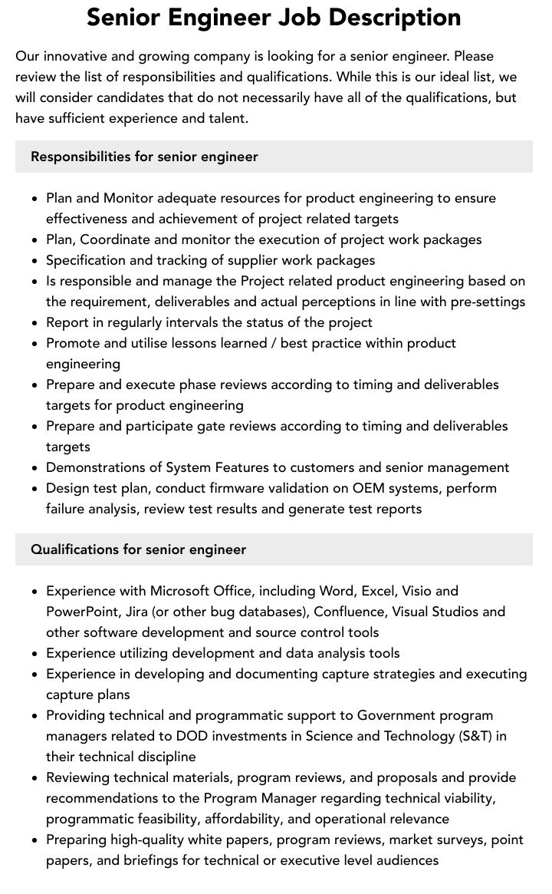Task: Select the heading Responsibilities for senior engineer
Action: point(144,157)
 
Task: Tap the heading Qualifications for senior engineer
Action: point(138,549)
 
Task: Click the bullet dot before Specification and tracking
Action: point(35,261)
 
